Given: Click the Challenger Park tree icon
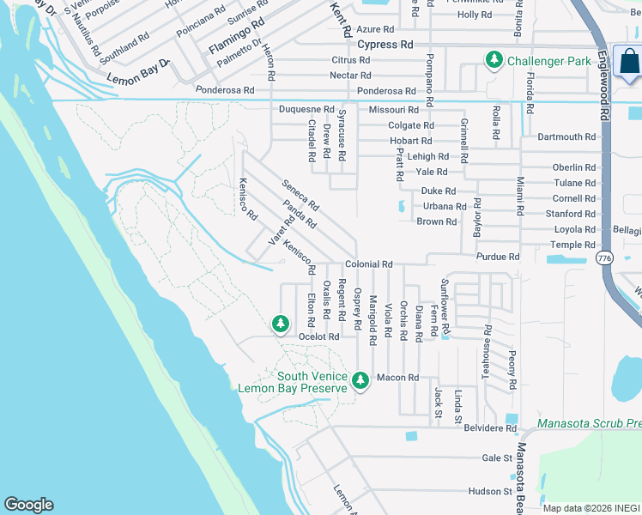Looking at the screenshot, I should click(494, 60).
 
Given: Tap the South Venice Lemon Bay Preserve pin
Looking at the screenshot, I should click(360, 380).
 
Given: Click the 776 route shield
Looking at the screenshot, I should click(604, 257).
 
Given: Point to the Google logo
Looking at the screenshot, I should click(28, 505).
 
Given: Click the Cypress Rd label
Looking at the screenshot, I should click(385, 45).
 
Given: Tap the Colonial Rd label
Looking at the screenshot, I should click(368, 265).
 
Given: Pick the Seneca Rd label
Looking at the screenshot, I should click(300, 195).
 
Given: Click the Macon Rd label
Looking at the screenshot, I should click(397, 378).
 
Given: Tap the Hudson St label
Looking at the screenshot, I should click(490, 492).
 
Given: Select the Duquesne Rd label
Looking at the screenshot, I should click(306, 110).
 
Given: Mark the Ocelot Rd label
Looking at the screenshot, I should click(319, 337).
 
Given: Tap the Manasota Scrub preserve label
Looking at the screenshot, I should click(589, 423).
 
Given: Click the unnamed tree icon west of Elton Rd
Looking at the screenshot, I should click(279, 324).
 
